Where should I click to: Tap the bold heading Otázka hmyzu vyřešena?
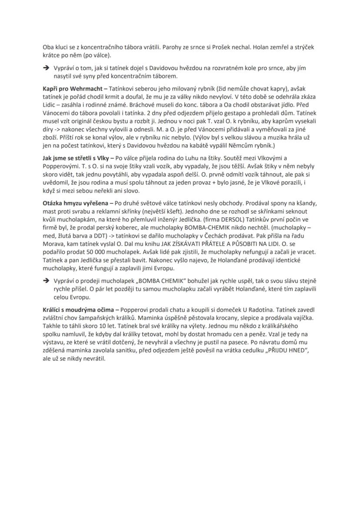tap(76, 203)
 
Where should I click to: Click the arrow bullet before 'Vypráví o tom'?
tap(45, 69)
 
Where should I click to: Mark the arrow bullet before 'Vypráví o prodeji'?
tap(45, 281)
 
